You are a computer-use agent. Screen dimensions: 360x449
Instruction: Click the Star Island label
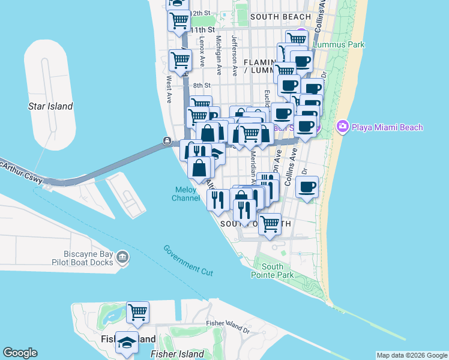click(50, 106)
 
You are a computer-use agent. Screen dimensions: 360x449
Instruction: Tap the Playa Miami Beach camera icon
click(343, 126)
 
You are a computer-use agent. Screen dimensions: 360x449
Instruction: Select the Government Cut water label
click(188, 260)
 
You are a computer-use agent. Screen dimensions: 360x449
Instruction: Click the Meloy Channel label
click(186, 194)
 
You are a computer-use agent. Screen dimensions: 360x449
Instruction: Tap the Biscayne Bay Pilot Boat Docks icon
click(122, 257)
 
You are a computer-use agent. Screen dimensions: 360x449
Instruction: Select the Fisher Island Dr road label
click(228, 326)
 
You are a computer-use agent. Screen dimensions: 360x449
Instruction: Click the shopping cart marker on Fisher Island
click(138, 311)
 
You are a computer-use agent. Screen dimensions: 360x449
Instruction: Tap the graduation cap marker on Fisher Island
click(127, 342)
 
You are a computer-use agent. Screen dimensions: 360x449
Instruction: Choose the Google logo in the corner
click(20, 353)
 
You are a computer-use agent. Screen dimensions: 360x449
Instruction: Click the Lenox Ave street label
click(202, 50)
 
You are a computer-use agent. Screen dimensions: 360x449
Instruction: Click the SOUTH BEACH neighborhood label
click(280, 17)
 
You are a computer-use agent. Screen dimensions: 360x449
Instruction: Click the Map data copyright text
click(412, 355)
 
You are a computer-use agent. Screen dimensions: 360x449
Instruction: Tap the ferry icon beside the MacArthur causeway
click(166, 141)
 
